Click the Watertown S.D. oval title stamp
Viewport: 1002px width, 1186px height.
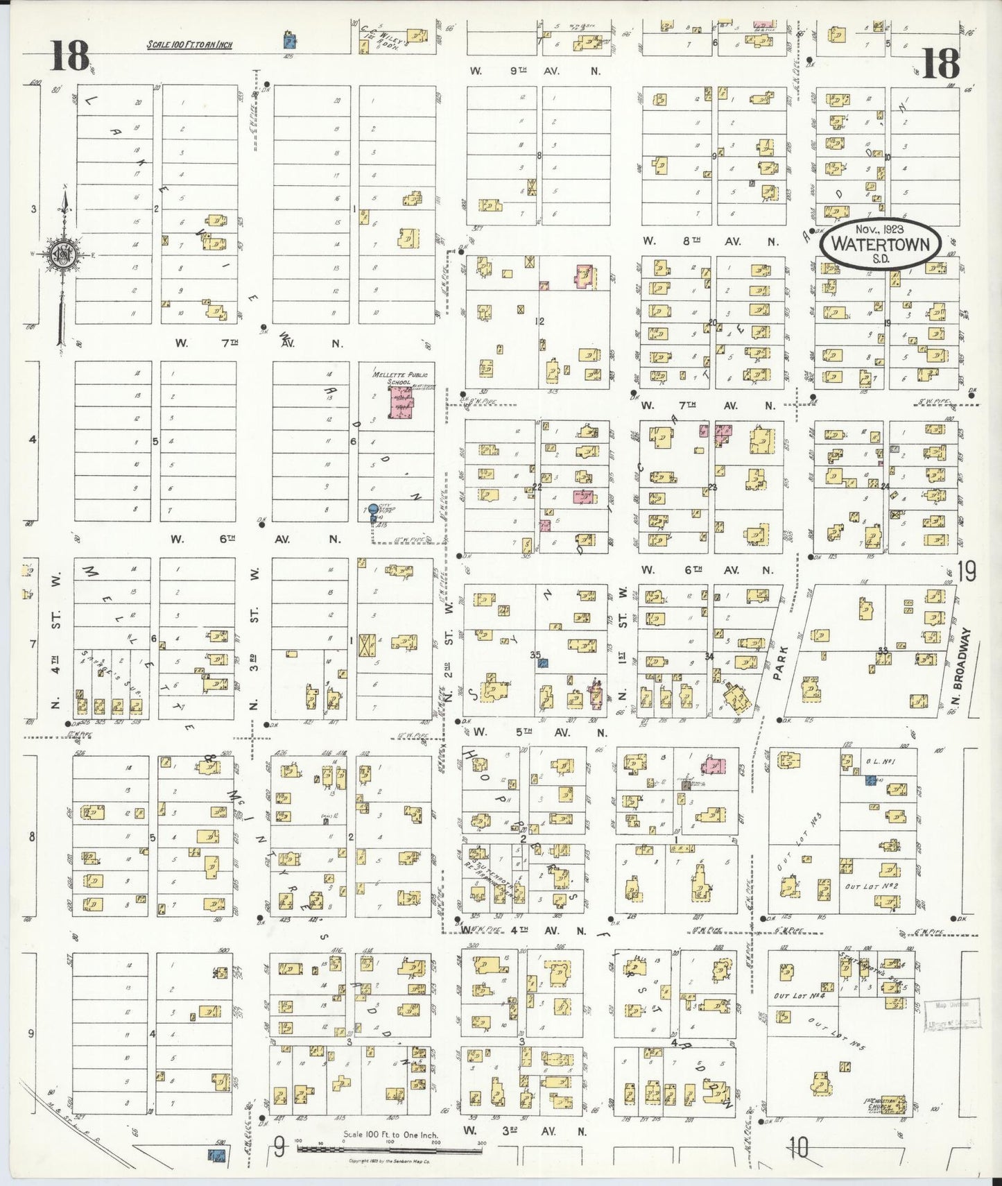click(880, 245)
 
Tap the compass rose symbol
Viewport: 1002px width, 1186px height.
click(64, 255)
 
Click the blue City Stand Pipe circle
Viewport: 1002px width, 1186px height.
click(373, 510)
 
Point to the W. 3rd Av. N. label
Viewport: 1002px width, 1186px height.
click(526, 1132)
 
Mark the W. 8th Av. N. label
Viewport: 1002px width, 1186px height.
click(709, 241)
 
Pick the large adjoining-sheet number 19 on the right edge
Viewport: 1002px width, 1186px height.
click(966, 573)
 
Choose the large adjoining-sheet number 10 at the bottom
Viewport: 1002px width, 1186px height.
click(797, 1150)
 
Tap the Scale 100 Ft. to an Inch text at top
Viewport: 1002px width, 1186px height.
click(189, 46)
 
